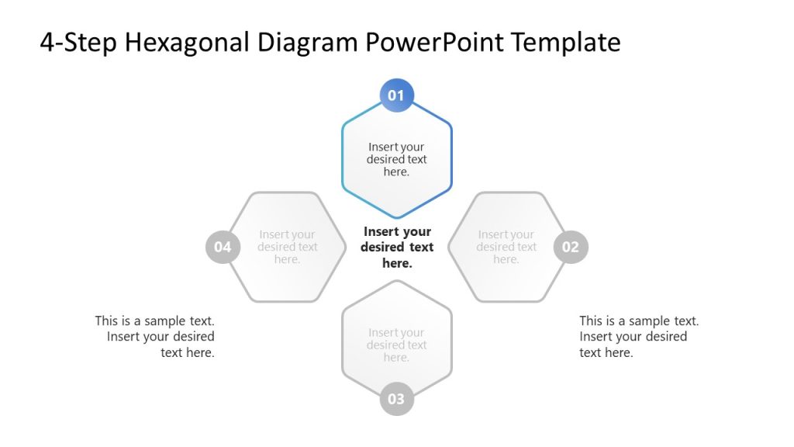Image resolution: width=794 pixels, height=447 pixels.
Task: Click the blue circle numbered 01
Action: click(x=396, y=95)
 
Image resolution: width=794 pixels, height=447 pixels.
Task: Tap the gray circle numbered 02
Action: click(x=571, y=247)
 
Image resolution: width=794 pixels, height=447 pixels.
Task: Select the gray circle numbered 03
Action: click(x=396, y=399)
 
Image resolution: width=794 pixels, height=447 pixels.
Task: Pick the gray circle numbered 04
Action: click(x=223, y=247)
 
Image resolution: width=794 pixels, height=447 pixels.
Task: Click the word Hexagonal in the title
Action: click(x=183, y=42)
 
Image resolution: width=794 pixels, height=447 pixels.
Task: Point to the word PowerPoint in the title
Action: click(x=426, y=42)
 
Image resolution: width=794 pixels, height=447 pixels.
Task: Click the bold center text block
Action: click(x=397, y=247)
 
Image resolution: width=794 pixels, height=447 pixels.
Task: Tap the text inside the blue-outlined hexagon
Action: click(x=396, y=159)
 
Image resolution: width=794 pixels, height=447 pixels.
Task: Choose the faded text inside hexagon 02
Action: click(x=506, y=247)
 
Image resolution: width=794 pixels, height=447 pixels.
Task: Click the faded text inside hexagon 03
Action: click(x=396, y=345)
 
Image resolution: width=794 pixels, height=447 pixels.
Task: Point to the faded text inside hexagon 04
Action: click(x=288, y=247)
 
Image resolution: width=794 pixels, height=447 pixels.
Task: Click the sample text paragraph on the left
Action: click(x=155, y=337)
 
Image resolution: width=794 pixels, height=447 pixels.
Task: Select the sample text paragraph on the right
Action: click(x=639, y=337)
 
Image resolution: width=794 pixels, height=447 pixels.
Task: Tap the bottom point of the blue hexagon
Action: click(x=396, y=217)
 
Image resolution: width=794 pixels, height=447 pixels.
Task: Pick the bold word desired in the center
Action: click(x=383, y=247)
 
